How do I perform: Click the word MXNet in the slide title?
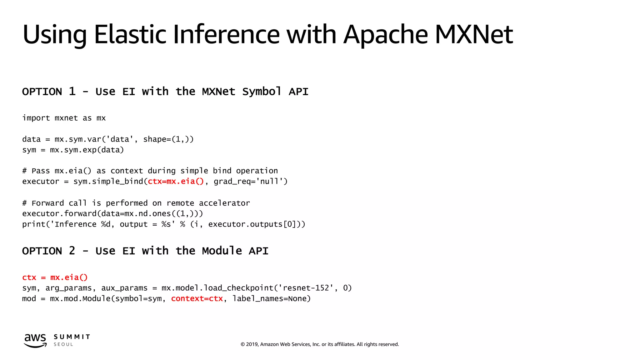point(473,34)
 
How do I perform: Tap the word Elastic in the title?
point(130,34)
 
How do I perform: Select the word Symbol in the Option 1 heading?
point(262,92)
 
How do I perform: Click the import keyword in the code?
point(36,118)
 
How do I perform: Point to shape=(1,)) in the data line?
point(168,139)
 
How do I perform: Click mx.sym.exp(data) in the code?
point(87,150)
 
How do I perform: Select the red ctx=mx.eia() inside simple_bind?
point(176,182)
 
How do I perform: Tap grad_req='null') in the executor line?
point(251,182)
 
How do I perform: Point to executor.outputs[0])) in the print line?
point(257,224)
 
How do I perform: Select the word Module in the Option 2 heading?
point(222,251)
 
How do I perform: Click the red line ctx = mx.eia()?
point(55,277)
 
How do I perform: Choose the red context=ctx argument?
point(197,299)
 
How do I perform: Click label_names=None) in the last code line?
point(271,299)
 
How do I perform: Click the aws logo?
point(35,340)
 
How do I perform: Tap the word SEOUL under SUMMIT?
point(63,344)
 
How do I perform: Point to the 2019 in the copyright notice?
point(252,344)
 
